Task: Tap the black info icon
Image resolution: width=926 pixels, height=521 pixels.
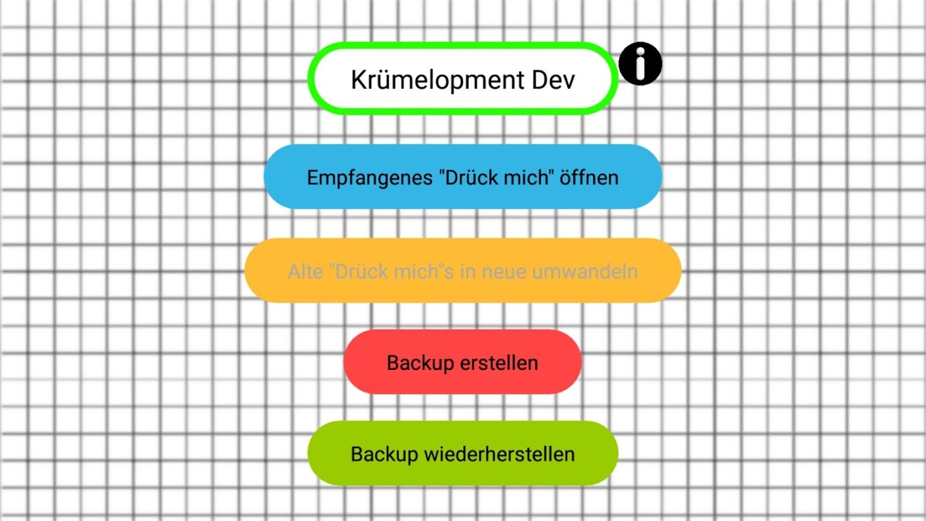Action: [640, 64]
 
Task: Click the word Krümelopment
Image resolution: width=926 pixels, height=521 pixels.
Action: [438, 79]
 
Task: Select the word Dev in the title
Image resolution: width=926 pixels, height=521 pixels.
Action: [554, 79]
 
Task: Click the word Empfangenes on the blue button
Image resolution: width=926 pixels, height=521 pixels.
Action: [370, 178]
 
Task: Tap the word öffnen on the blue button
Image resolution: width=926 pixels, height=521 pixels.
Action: [589, 177]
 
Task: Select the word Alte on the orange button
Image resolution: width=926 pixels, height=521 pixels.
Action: [305, 272]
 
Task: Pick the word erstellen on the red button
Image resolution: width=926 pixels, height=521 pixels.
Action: [499, 363]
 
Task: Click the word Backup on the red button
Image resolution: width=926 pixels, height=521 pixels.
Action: [420, 363]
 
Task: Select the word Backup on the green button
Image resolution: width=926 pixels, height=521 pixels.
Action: [384, 455]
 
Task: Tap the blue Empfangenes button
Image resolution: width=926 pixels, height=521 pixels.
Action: [463, 176]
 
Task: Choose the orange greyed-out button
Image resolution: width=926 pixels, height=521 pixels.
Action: [463, 270]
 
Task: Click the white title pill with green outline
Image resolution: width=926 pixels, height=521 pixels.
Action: [463, 78]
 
